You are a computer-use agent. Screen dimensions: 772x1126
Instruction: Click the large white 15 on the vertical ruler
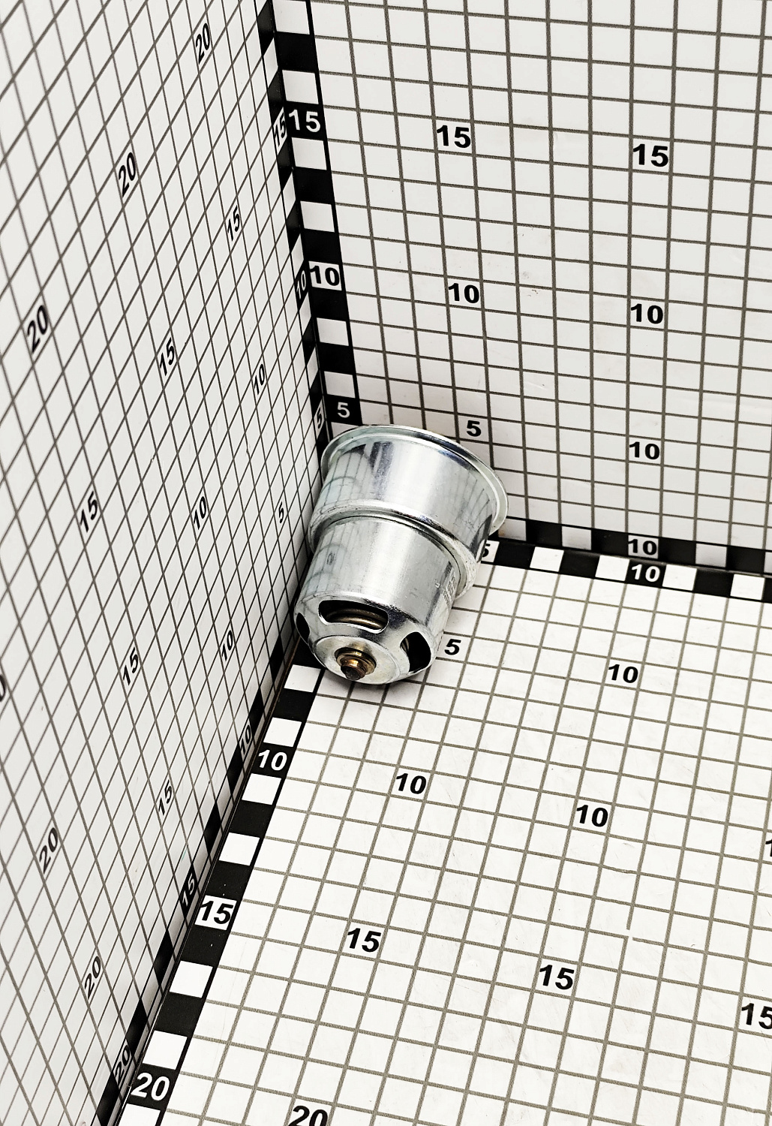[x=305, y=122]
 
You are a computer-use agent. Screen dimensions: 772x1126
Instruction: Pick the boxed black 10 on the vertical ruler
[x=325, y=276]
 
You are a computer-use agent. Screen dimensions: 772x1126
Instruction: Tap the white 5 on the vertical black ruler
[x=343, y=411]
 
